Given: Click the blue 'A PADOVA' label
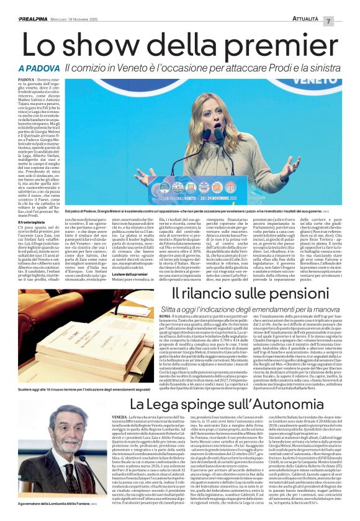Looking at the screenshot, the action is [38, 67].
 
